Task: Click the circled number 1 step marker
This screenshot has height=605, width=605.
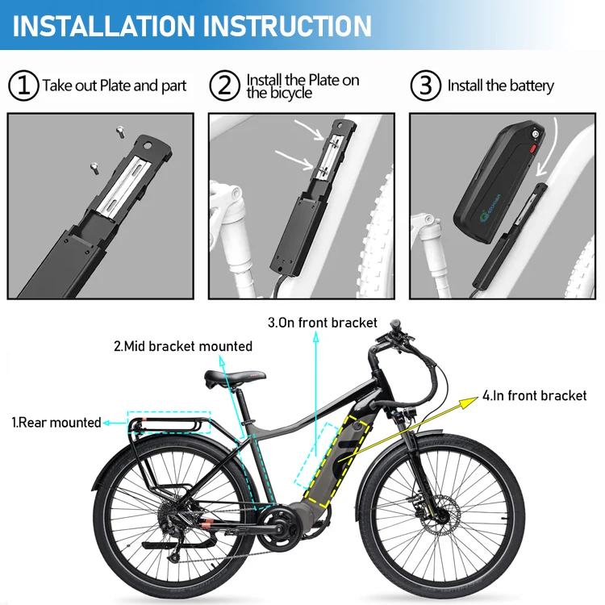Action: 23,86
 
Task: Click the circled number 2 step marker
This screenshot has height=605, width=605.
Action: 225,86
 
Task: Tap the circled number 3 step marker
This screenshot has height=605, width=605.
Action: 426,86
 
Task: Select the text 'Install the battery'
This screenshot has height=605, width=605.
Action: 501,86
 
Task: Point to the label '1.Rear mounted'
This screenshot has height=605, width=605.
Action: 56,422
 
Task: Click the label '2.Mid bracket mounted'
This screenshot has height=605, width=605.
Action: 182,346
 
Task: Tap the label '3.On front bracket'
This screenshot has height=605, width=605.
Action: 323,323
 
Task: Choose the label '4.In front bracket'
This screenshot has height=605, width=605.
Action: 535,395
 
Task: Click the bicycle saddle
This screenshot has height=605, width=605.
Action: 236,377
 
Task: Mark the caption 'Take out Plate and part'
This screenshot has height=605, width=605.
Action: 114,86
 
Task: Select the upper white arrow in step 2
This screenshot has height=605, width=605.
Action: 310,129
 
